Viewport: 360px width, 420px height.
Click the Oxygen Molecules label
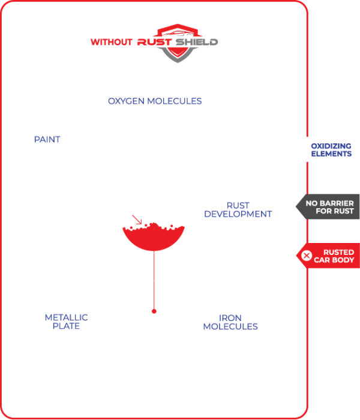(154, 101)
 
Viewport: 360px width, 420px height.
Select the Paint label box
(47, 140)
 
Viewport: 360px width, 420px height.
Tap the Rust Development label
(238, 209)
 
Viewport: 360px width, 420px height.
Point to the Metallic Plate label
(66, 322)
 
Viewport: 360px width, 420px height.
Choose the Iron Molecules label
(230, 322)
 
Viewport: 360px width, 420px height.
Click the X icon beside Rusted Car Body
(307, 256)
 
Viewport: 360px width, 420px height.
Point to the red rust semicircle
(154, 241)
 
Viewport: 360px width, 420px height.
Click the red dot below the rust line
(154, 311)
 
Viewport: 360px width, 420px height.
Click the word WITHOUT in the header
(112, 43)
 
